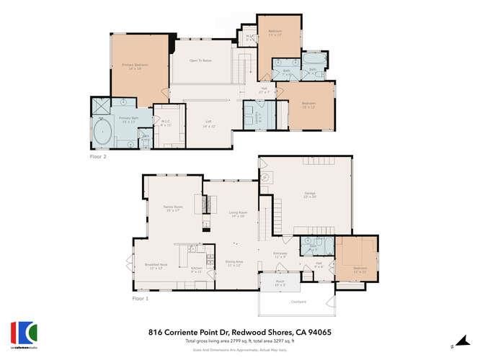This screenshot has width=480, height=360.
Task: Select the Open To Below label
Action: [x=200, y=61]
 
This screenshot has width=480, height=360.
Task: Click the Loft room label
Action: [x=208, y=122]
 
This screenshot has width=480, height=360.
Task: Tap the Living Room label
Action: [x=239, y=214]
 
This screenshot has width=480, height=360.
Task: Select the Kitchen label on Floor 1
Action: [x=196, y=270]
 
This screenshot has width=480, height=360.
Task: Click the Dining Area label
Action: [x=234, y=264]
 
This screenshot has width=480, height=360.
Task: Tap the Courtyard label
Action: [x=298, y=302]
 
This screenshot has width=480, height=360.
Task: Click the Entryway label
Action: [x=280, y=254]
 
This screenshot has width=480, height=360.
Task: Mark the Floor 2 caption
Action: [x=98, y=156]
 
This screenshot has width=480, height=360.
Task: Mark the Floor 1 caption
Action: [x=140, y=297]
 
